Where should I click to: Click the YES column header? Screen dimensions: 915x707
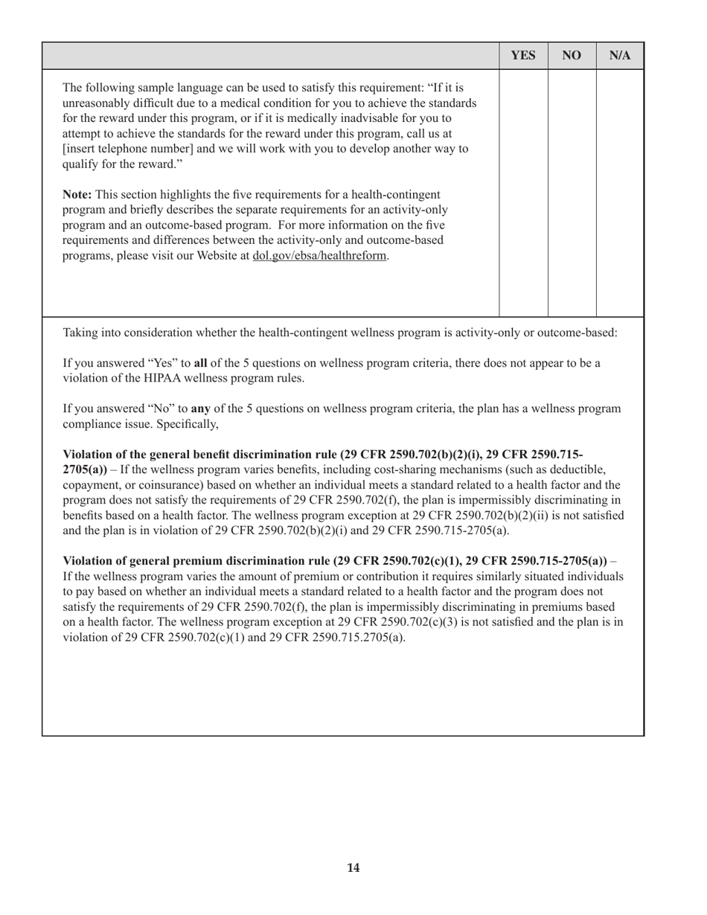[x=523, y=56]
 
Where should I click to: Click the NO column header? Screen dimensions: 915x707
[x=572, y=56]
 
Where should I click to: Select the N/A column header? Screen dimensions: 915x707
[x=620, y=56]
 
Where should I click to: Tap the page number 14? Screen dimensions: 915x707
[x=353, y=867]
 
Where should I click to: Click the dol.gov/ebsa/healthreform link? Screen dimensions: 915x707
[x=320, y=256]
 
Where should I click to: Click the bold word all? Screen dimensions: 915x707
[x=200, y=363]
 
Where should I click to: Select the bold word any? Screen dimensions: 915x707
[x=201, y=408]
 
